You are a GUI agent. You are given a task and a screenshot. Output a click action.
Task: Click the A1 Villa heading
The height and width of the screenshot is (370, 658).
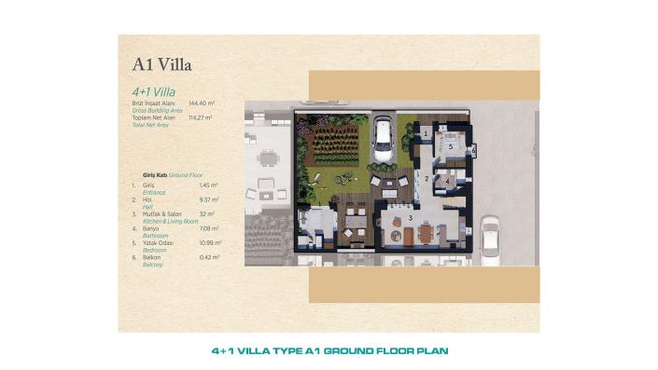coord(162,65)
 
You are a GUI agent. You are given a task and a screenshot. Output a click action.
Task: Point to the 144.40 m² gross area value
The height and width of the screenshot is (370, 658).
coord(202,103)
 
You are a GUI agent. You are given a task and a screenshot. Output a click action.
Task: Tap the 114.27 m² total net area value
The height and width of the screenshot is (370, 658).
coord(201,117)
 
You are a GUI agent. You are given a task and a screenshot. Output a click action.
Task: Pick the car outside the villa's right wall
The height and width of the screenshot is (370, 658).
coord(490,241)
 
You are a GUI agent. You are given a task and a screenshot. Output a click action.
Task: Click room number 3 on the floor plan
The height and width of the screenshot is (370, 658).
coord(410,217)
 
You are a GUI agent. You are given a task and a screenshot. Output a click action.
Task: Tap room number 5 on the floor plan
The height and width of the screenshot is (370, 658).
coord(449,146)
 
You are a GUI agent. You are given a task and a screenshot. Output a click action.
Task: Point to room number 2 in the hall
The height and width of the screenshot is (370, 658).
coord(427,177)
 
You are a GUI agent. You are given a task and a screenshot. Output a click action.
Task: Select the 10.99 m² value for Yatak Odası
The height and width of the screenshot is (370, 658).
coord(209,242)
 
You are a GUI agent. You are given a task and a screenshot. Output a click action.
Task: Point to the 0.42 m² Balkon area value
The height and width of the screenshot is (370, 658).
coord(209,257)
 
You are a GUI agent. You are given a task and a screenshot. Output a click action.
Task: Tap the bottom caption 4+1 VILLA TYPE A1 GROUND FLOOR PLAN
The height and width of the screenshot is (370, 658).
coord(329,351)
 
